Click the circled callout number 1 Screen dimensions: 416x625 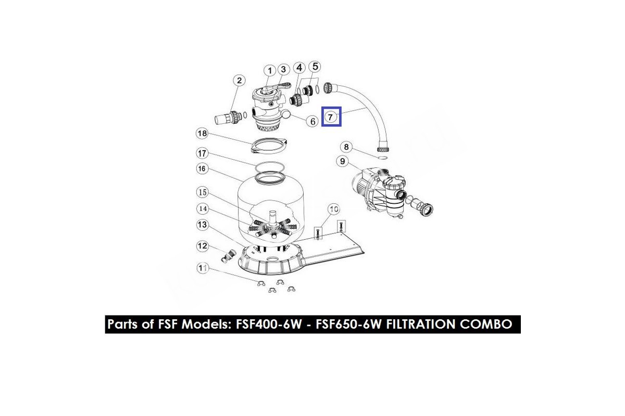pos(269,71)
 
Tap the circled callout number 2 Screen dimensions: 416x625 pos(239,80)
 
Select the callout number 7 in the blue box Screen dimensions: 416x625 pos(331,117)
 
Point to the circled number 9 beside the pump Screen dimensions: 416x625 pos(342,162)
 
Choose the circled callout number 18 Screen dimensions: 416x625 pos(202,134)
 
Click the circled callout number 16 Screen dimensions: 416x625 pos(202,168)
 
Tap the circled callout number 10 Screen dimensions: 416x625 pos(333,209)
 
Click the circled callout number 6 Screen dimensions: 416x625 pos(312,122)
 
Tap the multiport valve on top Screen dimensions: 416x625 pos(268,104)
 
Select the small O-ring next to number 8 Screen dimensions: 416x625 pos(382,155)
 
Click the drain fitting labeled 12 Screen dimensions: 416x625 pos(228,255)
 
